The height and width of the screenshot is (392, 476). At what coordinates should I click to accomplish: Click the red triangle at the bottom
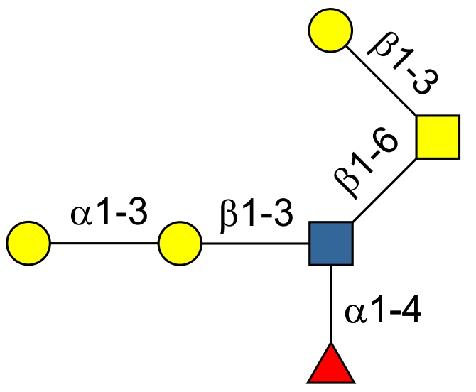pyautogui.click(x=330, y=367)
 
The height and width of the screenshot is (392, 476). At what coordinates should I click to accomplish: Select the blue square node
pyautogui.click(x=331, y=243)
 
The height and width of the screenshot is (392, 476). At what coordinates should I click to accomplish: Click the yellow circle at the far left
pyautogui.click(x=29, y=244)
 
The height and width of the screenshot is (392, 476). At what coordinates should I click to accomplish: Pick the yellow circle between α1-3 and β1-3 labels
pyautogui.click(x=180, y=244)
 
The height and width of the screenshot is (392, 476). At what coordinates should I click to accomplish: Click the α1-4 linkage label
pyautogui.click(x=383, y=312)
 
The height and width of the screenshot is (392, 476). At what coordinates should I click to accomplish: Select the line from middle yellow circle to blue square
pyautogui.click(x=256, y=244)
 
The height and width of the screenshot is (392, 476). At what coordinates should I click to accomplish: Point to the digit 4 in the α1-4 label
pyautogui.click(x=411, y=312)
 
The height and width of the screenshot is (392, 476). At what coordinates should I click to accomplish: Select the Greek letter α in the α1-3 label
pyautogui.click(x=82, y=214)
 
